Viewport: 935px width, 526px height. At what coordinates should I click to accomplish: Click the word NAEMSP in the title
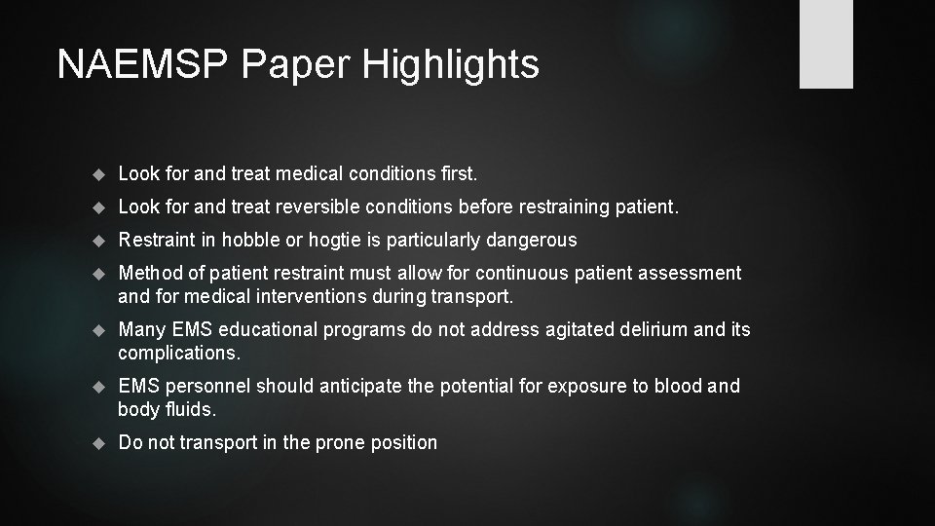point(142,64)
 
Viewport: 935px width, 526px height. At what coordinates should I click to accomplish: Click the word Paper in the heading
point(297,64)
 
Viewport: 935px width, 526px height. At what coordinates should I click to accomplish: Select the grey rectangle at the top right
point(826,44)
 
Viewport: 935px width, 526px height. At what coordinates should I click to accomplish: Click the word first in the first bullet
point(456,173)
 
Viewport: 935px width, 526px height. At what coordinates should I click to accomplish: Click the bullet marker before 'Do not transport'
point(97,443)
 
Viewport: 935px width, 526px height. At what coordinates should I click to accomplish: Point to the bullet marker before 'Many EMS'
point(97,330)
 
